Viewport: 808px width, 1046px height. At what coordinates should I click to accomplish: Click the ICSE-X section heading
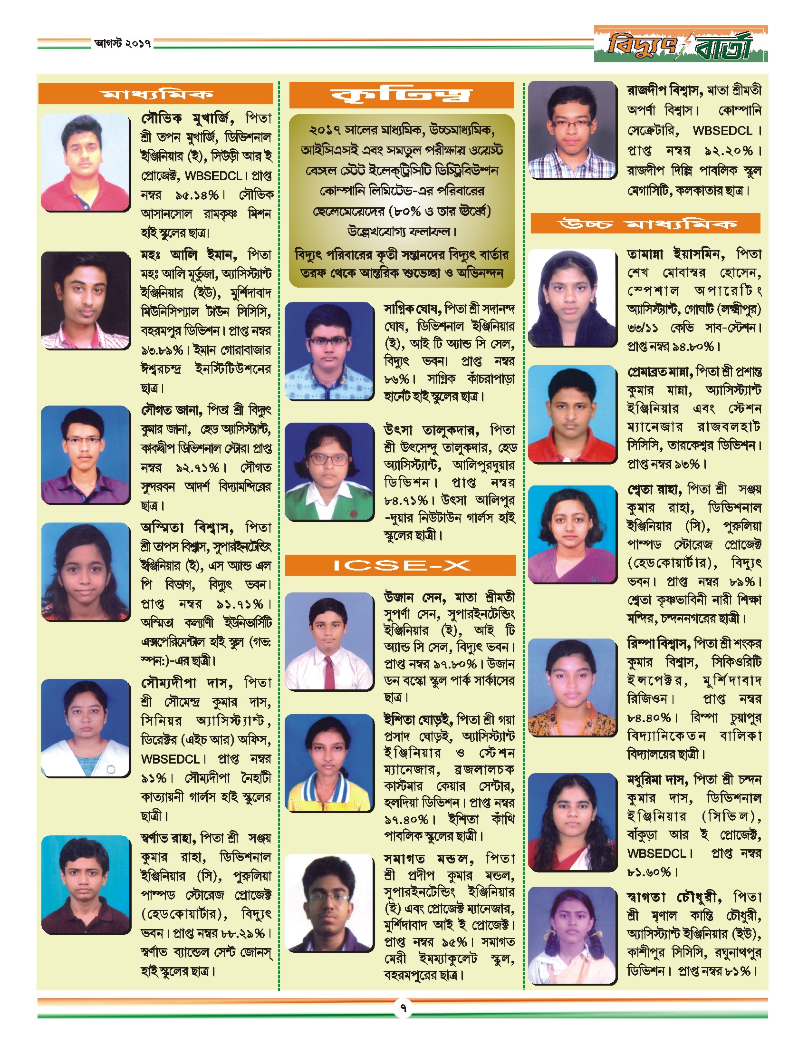(401, 565)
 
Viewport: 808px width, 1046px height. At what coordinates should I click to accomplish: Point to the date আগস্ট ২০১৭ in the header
(123, 44)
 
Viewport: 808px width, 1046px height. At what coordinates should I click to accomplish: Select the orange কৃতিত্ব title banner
(401, 95)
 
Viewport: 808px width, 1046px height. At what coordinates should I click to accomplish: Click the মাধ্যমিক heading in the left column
(155, 93)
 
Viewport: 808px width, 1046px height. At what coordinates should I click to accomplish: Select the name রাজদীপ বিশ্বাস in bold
(664, 90)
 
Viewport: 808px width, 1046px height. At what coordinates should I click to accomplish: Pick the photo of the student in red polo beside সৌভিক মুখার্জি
(85, 162)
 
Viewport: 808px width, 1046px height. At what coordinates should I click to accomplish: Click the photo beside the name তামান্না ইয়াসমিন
(572, 297)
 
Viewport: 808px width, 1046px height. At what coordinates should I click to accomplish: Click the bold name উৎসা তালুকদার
(431, 430)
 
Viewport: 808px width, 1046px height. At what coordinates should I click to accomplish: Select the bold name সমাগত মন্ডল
(428, 859)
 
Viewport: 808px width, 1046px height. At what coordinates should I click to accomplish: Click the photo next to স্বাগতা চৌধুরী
(572, 935)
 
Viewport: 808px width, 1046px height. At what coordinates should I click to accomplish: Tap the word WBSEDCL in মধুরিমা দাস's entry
(657, 853)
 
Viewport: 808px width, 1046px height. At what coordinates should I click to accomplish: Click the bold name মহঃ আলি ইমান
(188, 254)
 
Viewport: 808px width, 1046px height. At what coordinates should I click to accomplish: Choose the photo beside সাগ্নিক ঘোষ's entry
(329, 350)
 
